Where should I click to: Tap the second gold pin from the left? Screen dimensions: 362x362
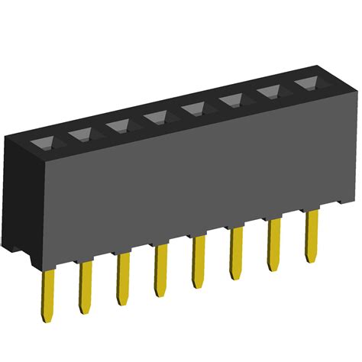[x=85, y=286]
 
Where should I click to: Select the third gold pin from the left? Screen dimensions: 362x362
[x=122, y=279]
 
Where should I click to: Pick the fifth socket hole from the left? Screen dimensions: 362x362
[x=195, y=108]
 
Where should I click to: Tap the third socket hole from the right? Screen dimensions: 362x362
[x=232, y=100]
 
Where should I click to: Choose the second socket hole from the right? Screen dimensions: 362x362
[x=270, y=92]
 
